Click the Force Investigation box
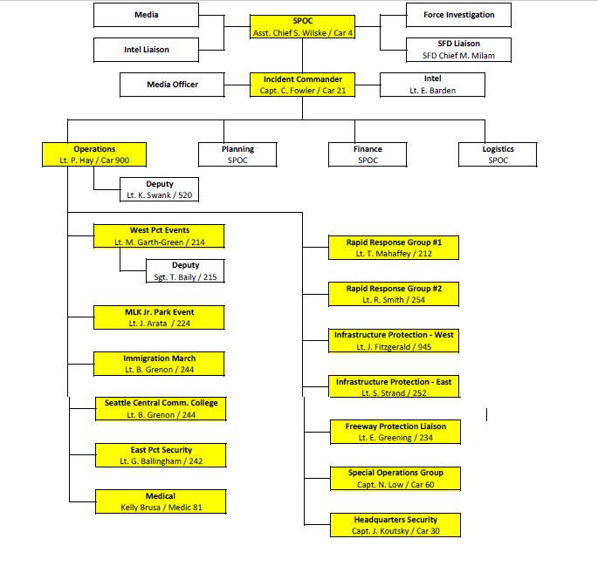[458, 15]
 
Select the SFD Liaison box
[458, 50]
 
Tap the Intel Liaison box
[146, 50]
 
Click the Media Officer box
[172, 85]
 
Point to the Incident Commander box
[302, 85]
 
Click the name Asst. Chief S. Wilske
[288, 33]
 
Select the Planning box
[237, 154]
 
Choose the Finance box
[368, 154]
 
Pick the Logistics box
[498, 154]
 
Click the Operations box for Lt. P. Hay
[93, 154]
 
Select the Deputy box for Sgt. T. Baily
[185, 271]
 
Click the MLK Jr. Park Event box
[159, 317]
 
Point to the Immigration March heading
[159, 358]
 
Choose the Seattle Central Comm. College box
[161, 408]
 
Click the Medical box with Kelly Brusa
[161, 501]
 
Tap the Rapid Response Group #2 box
[394, 294]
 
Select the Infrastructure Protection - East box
[394, 387]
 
